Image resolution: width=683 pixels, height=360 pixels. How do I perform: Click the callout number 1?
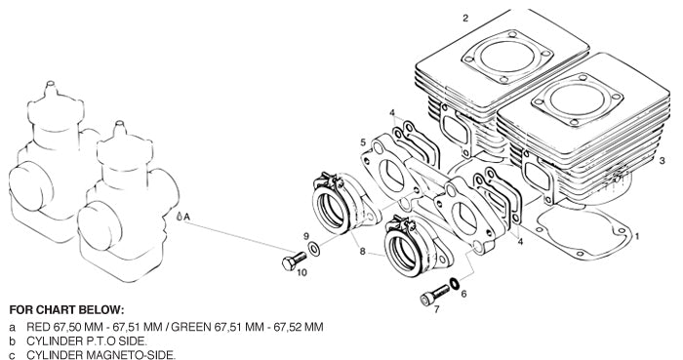[x=637, y=236]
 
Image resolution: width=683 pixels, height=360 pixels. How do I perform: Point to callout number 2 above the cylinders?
[x=465, y=18]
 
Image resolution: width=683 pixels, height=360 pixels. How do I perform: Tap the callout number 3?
[x=663, y=159]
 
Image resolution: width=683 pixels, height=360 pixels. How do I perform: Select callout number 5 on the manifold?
[x=363, y=142]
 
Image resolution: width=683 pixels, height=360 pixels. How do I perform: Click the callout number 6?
[x=463, y=293]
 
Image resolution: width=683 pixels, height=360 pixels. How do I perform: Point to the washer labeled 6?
[x=451, y=284]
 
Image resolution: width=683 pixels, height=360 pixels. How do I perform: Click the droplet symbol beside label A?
[x=180, y=216]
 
